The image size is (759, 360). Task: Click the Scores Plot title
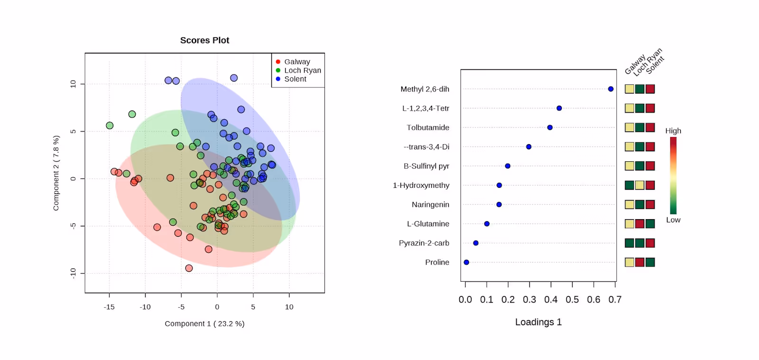(x=204, y=40)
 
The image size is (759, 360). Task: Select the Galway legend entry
(x=296, y=62)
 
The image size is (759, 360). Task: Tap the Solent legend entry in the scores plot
(x=295, y=79)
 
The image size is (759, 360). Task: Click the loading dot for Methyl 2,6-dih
(x=611, y=89)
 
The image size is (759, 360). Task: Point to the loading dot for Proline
(x=466, y=262)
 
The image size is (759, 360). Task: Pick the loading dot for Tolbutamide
(x=550, y=128)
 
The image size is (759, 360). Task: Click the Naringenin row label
(x=430, y=204)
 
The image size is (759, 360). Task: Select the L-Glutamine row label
(x=428, y=224)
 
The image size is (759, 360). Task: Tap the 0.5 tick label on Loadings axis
(x=572, y=300)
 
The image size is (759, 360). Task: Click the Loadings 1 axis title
(x=538, y=322)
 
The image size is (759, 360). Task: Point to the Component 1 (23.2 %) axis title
(x=204, y=323)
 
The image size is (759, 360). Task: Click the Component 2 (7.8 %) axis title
(x=56, y=173)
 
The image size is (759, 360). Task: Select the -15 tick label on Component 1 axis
(x=109, y=307)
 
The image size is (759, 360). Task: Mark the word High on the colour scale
(x=673, y=131)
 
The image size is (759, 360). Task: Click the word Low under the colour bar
(x=673, y=220)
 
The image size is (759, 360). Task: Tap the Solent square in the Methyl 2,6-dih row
(x=650, y=89)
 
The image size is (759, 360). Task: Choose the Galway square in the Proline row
(x=629, y=262)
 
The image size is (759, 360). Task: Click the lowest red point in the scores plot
(x=189, y=268)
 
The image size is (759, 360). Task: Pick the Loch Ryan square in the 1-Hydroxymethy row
(x=639, y=185)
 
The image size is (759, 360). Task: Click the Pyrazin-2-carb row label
(x=424, y=243)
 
